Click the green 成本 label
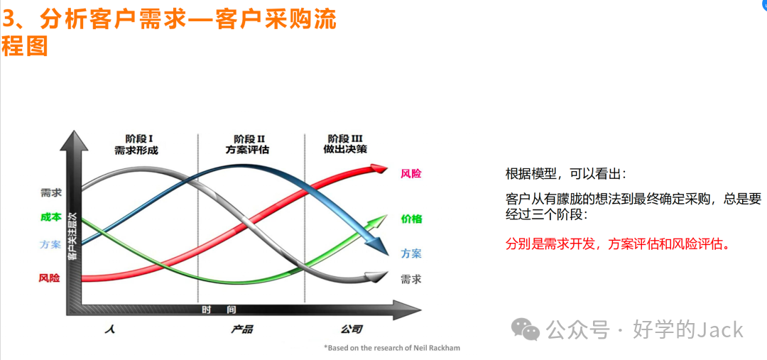pos(50,217)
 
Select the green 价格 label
pos(411,219)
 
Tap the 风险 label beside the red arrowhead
pos(410,173)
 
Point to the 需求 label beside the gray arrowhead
pos(410,279)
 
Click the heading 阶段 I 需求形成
pos(136,144)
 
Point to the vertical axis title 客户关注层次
pos(72,241)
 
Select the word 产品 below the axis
pos(241,329)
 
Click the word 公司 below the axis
pos(351,329)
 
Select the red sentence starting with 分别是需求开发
pos(618,244)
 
